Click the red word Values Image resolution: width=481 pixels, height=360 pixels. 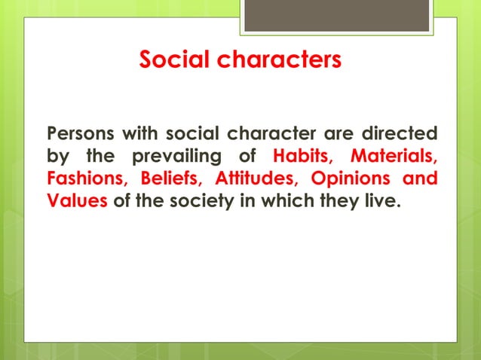coord(77,202)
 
